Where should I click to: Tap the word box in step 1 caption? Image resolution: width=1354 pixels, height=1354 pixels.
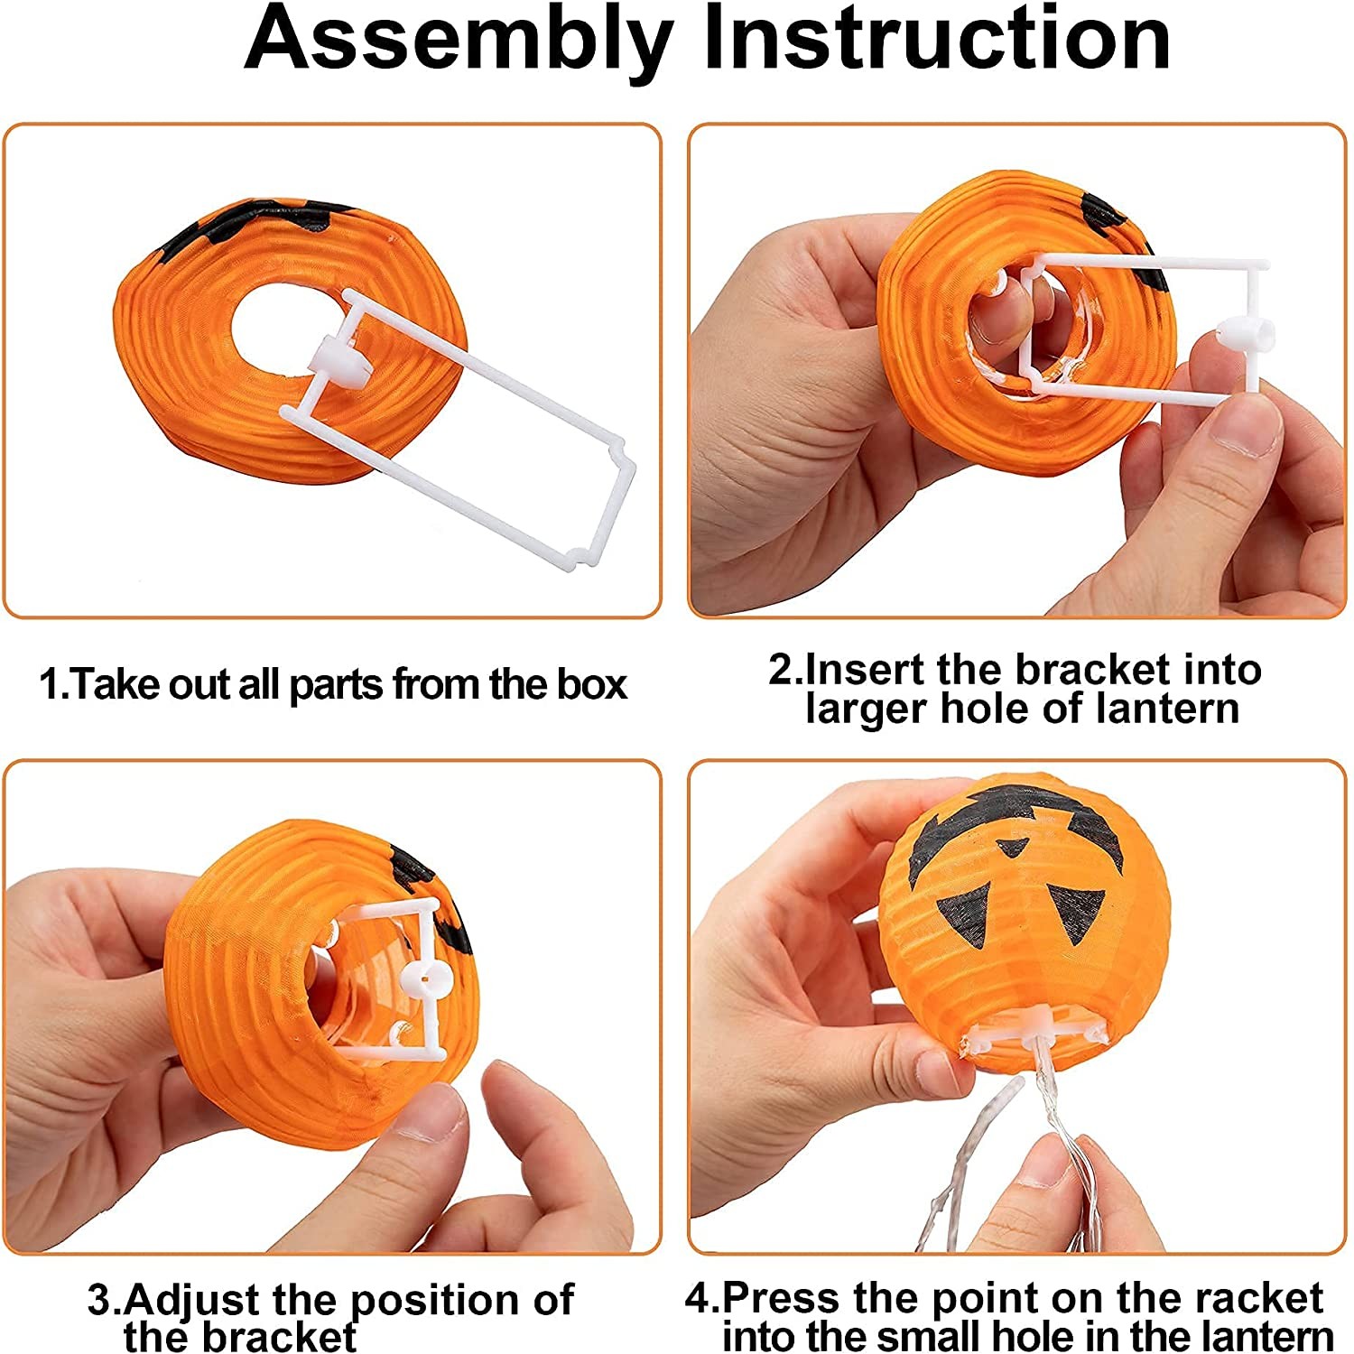pyautogui.click(x=591, y=685)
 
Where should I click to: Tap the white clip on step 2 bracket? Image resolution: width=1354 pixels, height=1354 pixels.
pyautogui.click(x=1246, y=337)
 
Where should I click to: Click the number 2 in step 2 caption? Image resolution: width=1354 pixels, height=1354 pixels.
pyautogui.click(x=780, y=671)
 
